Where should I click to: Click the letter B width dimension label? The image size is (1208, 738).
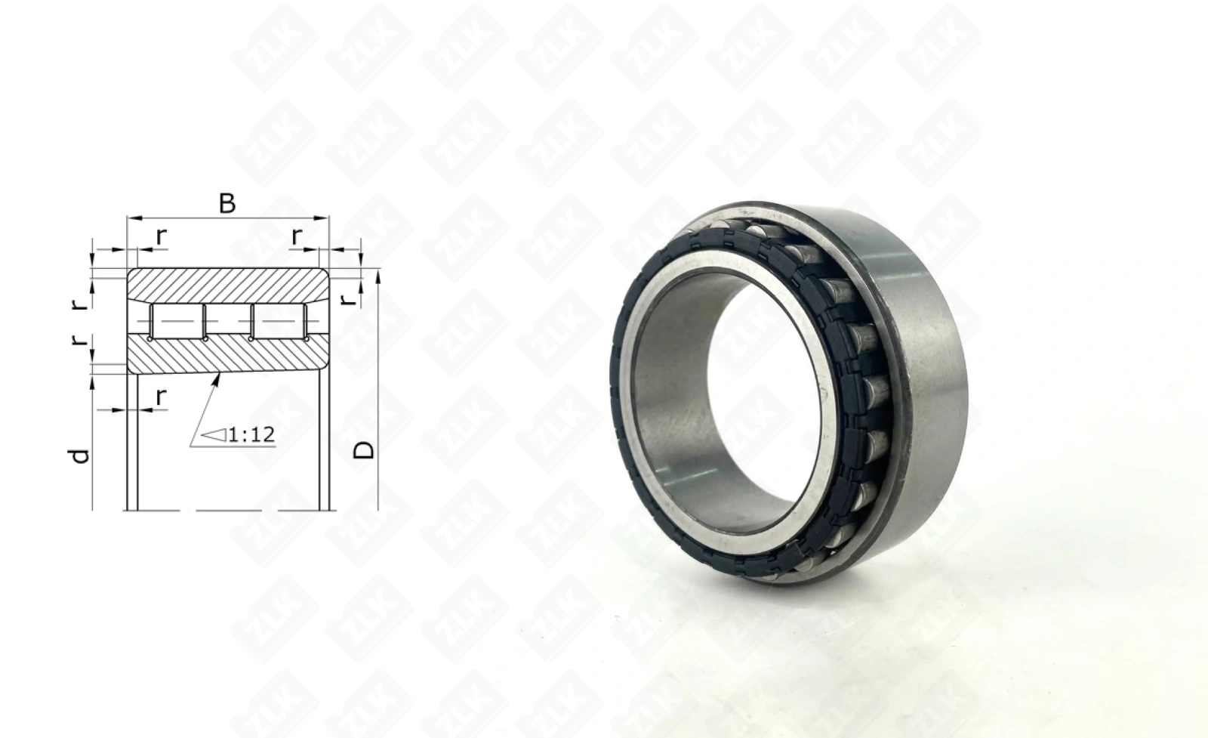(x=227, y=204)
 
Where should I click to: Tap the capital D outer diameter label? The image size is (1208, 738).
(x=363, y=450)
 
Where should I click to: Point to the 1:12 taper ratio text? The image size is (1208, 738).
(x=252, y=435)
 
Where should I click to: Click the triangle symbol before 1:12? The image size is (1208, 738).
(x=214, y=435)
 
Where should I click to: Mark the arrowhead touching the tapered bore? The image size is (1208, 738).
(x=217, y=378)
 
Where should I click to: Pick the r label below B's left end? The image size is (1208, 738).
(x=162, y=236)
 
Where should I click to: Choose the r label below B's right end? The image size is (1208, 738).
(x=297, y=236)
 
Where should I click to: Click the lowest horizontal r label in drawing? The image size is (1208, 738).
(x=161, y=397)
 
